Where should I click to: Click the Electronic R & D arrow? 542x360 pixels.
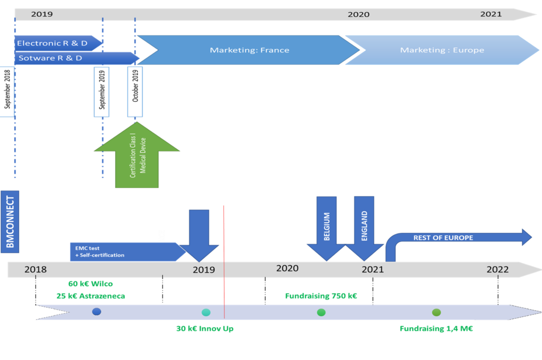tap(58, 43)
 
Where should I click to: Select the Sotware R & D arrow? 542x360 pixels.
tap(77, 58)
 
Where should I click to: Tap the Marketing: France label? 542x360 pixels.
tap(249, 50)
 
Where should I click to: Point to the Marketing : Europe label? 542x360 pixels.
tap(442, 50)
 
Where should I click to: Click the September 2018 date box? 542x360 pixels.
tap(7, 92)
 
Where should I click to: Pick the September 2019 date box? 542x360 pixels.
tap(102, 92)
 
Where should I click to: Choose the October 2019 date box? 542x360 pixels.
tap(135, 92)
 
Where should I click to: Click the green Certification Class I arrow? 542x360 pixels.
tap(137, 155)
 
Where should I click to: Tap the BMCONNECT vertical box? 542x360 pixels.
tap(10, 222)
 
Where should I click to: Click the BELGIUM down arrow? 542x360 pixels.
tap(326, 228)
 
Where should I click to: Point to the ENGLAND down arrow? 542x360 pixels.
tap(364, 228)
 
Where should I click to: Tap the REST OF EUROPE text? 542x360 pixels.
tap(443, 238)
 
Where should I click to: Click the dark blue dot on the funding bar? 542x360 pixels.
tap(97, 312)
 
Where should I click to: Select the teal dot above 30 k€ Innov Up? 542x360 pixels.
tap(206, 312)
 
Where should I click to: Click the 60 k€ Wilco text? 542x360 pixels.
tap(91, 284)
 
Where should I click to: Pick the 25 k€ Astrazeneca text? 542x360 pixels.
tap(91, 296)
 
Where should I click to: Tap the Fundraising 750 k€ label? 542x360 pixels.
tap(321, 296)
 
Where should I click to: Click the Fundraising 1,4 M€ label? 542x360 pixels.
tap(436, 329)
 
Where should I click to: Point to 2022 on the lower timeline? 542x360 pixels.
tap(498, 269)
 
